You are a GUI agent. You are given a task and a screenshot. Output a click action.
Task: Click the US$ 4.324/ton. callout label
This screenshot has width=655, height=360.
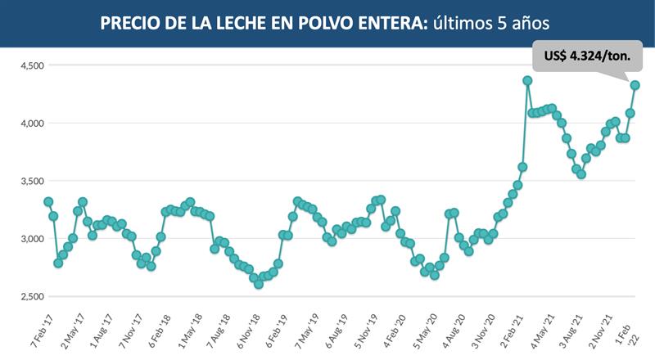click(586, 55)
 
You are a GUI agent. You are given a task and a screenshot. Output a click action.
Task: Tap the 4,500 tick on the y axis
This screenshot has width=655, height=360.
click(34, 65)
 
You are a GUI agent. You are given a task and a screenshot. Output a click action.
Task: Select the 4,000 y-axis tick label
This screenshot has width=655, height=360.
click(34, 123)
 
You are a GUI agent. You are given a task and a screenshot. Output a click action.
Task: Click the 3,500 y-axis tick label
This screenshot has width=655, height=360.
click(34, 181)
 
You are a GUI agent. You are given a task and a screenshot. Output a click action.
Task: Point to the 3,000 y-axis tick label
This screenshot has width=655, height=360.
click(34, 239)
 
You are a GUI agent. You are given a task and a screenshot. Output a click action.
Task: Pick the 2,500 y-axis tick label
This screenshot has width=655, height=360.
click(34, 296)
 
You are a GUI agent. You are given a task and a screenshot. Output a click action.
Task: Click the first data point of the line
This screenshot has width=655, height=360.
click(48, 201)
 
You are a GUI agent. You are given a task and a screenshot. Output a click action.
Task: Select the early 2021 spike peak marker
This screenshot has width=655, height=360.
click(527, 80)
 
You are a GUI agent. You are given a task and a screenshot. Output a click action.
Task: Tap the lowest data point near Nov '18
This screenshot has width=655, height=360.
click(259, 285)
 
